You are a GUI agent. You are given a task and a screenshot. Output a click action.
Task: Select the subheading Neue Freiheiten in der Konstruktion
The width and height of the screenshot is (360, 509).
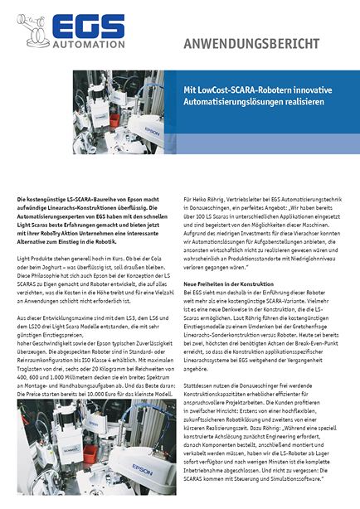[x=228, y=284]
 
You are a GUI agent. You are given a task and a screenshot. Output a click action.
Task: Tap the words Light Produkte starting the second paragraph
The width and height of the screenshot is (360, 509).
[x=39, y=260]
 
